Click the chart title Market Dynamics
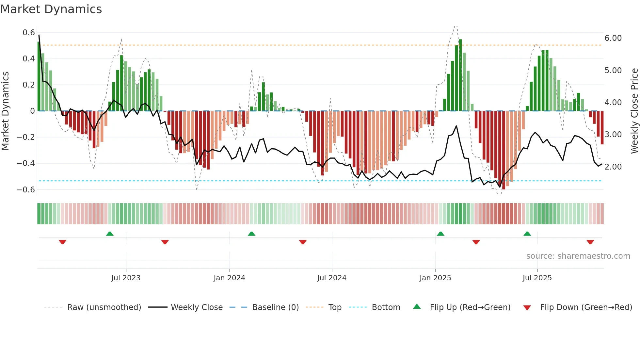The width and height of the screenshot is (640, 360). tap(51, 9)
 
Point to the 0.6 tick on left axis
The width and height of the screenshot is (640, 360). tap(29, 33)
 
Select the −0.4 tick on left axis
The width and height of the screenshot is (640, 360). tap(26, 163)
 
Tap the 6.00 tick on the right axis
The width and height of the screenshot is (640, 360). tap(613, 38)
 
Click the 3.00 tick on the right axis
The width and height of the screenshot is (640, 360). tap(613, 135)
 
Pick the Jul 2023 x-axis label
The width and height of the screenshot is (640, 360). tap(126, 278)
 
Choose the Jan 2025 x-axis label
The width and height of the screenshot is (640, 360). tap(435, 278)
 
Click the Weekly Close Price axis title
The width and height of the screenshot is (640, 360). tap(634, 111)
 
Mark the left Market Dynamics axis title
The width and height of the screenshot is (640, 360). tap(5, 111)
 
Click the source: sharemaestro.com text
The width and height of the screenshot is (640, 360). tap(578, 256)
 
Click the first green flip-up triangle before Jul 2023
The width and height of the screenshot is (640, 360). tap(110, 234)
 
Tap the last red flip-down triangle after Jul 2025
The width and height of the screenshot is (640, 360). tap(590, 242)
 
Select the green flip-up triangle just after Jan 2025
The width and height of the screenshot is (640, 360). tap(440, 234)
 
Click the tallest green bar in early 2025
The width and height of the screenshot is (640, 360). tap(460, 75)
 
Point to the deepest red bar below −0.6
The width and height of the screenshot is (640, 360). tap(504, 150)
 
